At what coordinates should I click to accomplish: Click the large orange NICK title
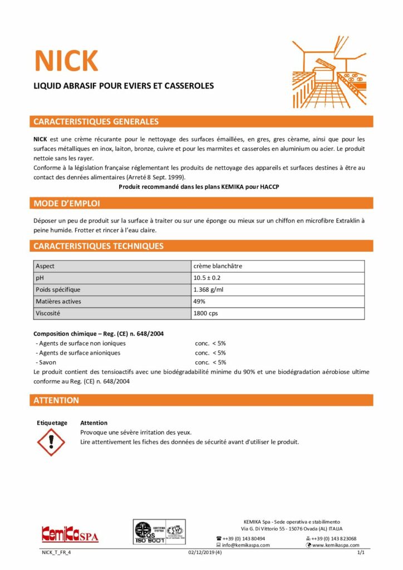click(66, 61)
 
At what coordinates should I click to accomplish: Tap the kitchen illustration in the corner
click(332, 72)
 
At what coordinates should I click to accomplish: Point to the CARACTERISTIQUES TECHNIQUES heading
click(99, 245)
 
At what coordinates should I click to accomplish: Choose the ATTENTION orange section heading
click(56, 400)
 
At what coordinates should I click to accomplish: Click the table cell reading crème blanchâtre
click(218, 266)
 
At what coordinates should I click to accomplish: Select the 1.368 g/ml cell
click(209, 289)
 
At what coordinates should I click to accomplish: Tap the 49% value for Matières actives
click(199, 301)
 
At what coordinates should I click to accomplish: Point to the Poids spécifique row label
click(58, 289)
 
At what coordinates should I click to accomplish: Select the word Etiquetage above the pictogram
click(52, 423)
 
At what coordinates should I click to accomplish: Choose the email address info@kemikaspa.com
click(246, 545)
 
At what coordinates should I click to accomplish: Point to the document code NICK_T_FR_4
click(57, 553)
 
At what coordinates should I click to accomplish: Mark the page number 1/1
click(361, 553)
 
